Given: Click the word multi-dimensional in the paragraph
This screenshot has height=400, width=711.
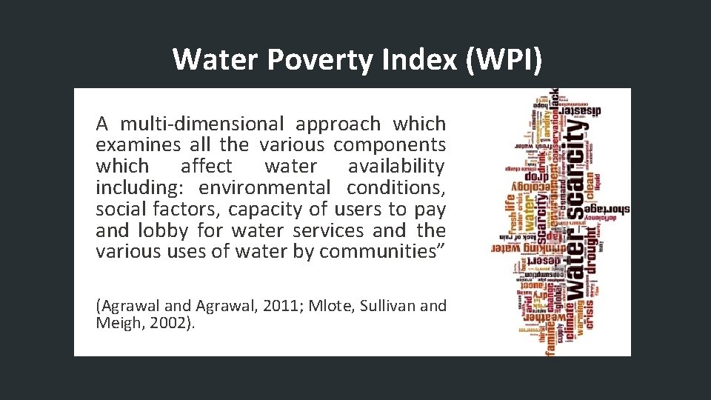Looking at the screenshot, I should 202,124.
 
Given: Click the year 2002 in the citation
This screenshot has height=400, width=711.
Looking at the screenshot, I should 173,322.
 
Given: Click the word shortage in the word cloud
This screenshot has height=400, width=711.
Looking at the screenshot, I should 607,210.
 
